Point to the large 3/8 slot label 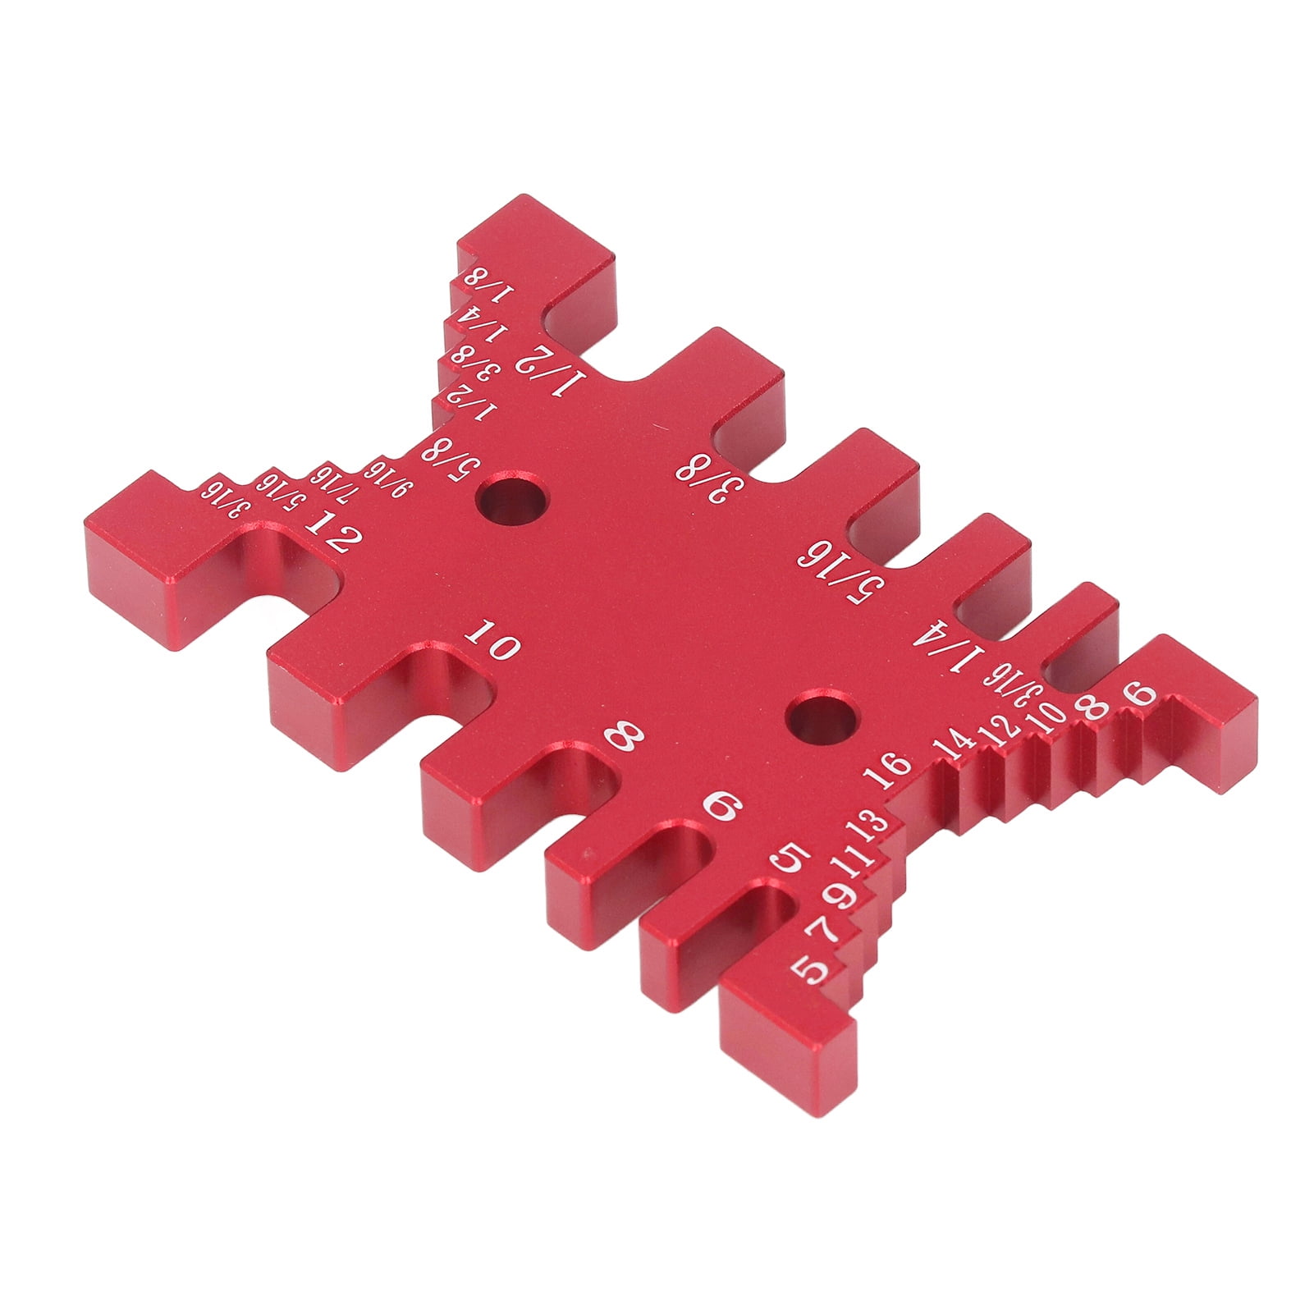point(708,479)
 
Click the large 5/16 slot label point(840,568)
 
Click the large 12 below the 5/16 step point(333,532)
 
